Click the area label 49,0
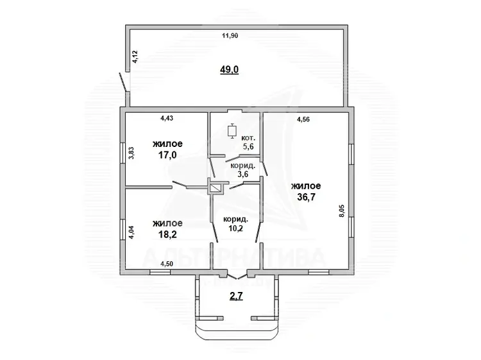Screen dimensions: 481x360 [229, 70]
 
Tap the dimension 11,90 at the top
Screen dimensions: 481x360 [230, 35]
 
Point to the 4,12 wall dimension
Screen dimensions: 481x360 [135, 56]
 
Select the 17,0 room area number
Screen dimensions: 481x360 [167, 155]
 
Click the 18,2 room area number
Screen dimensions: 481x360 [167, 234]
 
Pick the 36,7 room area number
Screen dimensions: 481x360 [306, 197]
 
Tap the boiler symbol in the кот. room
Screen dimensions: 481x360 [232, 131]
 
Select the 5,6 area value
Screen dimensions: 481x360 [248, 146]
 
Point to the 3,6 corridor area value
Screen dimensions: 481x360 [242, 175]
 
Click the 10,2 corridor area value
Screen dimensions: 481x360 [236, 228]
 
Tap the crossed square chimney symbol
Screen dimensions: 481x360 [217, 189]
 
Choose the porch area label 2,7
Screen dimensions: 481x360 [236, 296]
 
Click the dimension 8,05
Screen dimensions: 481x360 [342, 211]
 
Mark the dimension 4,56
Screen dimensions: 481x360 [303, 120]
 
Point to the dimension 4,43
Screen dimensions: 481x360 [167, 118]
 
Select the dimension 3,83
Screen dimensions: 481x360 [131, 153]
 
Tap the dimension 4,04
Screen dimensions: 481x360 [131, 233]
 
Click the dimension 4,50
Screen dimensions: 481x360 [167, 264]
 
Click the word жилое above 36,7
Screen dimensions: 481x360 [306, 186]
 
